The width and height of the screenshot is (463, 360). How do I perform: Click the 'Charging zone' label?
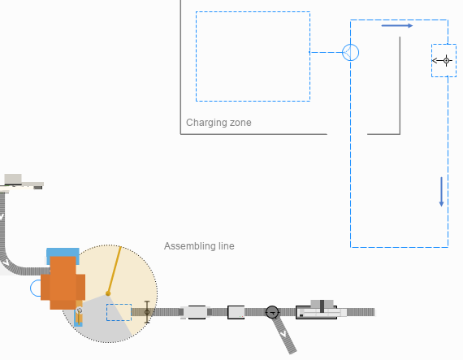coord(219,123)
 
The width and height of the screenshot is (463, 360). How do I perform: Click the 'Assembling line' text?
coord(199,246)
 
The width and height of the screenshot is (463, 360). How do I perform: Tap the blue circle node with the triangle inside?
coord(350,53)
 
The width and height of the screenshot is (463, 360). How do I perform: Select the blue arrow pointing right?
coord(397,26)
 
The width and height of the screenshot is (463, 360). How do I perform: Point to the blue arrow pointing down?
coord(441,192)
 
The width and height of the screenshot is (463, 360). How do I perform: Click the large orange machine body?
coord(63,283)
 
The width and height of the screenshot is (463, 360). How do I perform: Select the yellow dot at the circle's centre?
coord(108,293)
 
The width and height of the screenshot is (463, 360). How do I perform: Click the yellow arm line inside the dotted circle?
coord(115,270)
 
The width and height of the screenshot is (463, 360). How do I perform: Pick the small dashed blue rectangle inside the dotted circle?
coord(119,312)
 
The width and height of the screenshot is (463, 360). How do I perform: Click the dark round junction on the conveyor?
coord(272,312)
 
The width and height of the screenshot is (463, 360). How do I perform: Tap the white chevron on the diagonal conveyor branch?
coord(283,334)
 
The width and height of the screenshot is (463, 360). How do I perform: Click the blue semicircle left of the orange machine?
coord(36,288)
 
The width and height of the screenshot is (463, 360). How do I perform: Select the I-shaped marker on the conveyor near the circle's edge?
coord(147,312)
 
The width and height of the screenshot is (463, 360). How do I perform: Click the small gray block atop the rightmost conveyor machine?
coord(322,304)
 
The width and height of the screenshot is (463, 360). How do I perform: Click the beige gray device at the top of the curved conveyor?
coord(23,182)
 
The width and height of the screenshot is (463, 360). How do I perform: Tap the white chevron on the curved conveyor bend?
coord(6,262)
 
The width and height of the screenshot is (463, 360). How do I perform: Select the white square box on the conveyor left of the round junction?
coord(236,312)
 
